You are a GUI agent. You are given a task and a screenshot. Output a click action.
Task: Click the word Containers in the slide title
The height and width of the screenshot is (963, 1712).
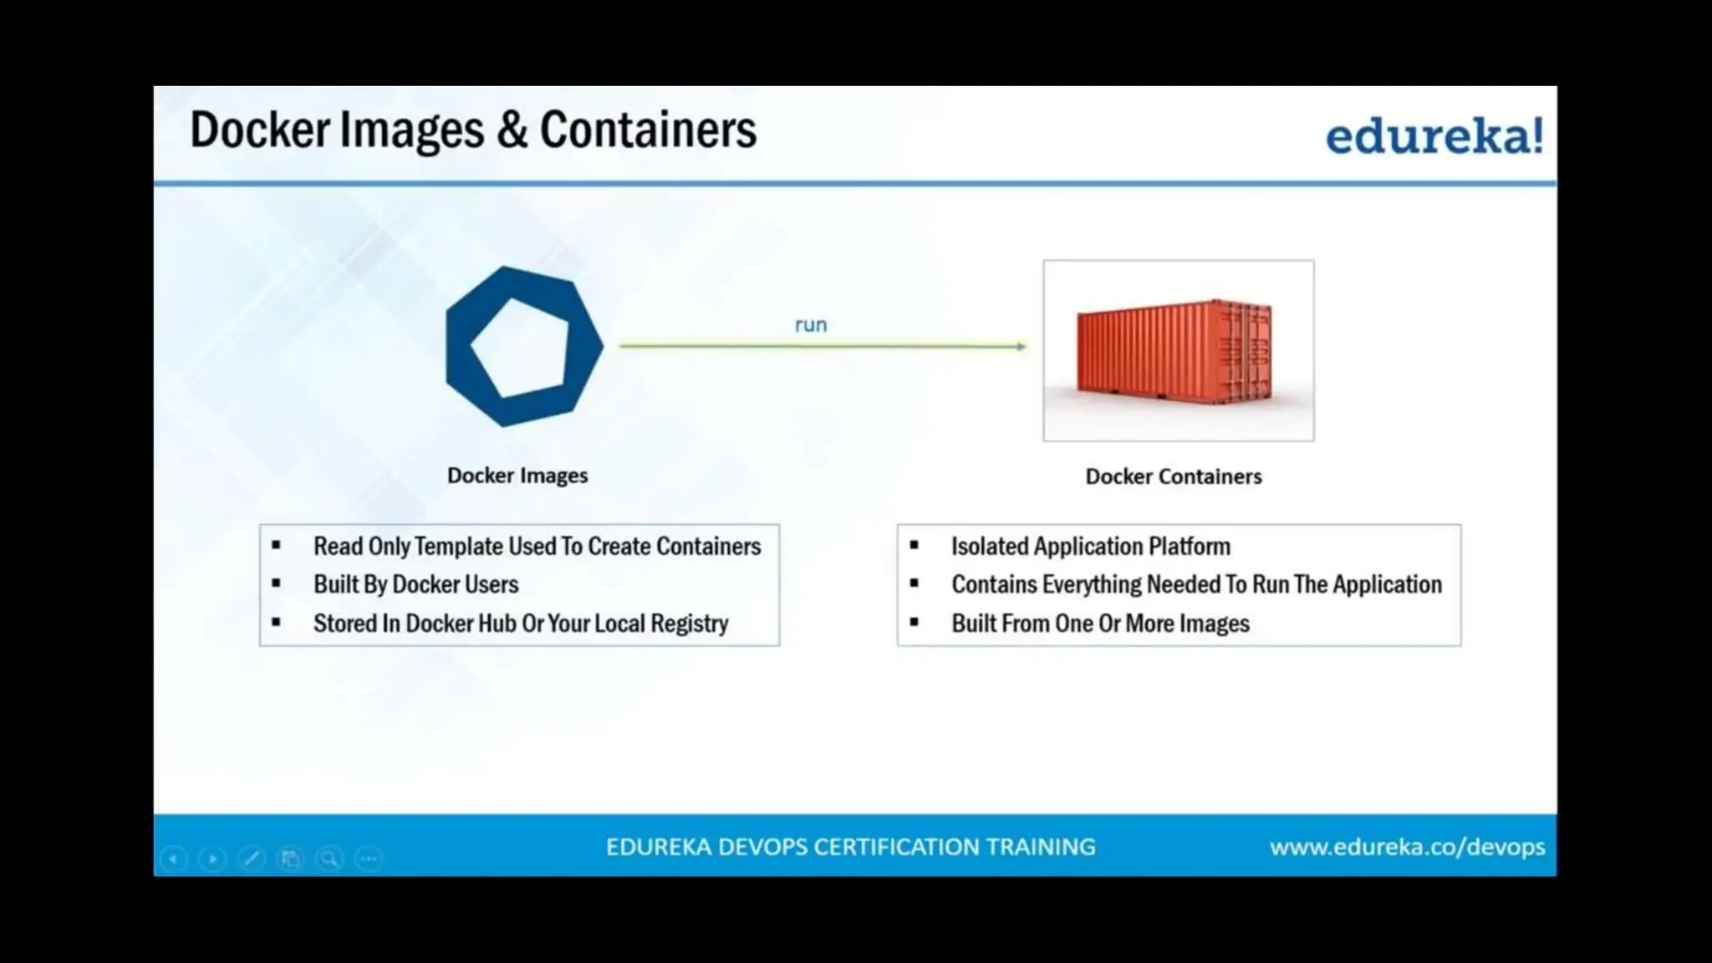point(648,130)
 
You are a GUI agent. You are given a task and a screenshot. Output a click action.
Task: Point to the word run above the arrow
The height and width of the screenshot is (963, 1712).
point(810,324)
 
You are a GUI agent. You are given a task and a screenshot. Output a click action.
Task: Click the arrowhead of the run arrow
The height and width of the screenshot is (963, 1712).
point(1021,346)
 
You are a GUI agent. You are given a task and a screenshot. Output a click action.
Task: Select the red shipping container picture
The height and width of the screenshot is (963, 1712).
point(1177,351)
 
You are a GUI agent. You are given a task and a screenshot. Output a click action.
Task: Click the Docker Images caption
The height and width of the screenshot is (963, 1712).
point(517,476)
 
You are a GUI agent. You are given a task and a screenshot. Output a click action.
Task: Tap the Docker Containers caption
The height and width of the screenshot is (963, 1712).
point(1173,476)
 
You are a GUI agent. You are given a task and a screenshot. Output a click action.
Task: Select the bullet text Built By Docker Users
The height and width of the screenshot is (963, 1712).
point(415,584)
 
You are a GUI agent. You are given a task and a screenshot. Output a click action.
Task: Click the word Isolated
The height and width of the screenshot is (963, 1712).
point(989,546)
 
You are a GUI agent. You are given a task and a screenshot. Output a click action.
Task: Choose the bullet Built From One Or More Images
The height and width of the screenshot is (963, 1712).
point(1100,624)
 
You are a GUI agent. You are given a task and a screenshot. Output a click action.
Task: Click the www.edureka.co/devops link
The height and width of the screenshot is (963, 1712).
point(1407,847)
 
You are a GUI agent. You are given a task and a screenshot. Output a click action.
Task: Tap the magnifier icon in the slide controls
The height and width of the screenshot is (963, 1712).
point(329,859)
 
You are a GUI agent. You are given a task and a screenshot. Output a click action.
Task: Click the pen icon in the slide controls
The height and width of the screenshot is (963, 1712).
point(252,859)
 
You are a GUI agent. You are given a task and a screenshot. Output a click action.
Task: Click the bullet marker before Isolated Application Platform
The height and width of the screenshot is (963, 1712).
point(915,545)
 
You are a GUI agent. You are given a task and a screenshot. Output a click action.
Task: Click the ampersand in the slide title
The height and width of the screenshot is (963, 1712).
point(512,130)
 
